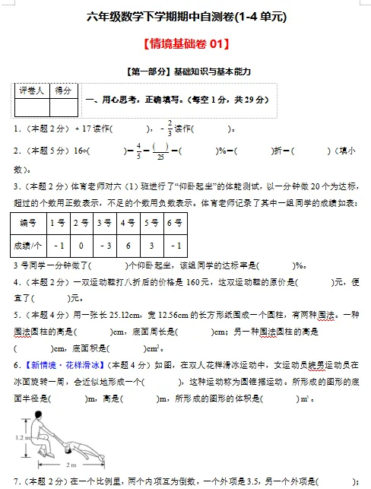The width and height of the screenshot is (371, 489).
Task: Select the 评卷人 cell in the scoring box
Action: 32,90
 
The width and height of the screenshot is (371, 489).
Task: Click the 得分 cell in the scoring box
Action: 64,90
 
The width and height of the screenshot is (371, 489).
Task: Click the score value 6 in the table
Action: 128,246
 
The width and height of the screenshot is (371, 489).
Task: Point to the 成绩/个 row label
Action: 29,246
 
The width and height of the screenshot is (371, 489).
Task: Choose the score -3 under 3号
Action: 105,246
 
